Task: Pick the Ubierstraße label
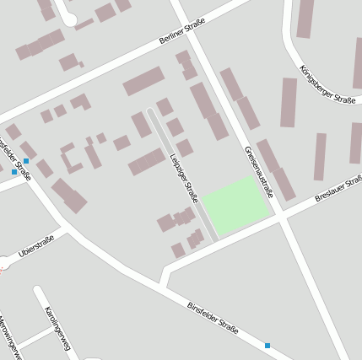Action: pos(36,246)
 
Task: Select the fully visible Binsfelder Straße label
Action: pos(213,316)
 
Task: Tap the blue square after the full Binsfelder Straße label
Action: pos(267,345)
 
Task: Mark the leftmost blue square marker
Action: pos(14,171)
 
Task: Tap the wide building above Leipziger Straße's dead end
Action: pos(143,82)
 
